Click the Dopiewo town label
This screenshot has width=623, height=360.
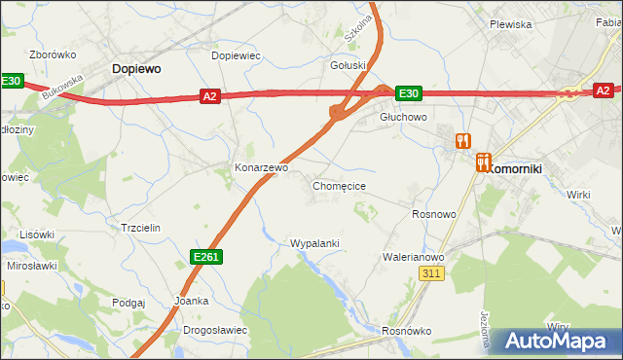click(136, 69)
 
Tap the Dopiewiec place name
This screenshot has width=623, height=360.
click(237, 55)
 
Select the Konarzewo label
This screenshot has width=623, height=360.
click(261, 167)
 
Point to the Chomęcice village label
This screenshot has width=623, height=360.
click(339, 185)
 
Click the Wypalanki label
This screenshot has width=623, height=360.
click(314, 242)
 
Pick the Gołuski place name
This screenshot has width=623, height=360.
click(348, 66)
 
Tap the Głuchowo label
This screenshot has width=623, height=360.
click(404, 116)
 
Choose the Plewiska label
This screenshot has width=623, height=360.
click(510, 24)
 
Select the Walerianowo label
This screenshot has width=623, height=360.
click(413, 257)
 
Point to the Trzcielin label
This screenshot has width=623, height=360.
click(140, 227)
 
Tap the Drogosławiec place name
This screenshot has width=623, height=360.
click(215, 330)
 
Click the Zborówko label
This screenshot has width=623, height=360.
click(54, 54)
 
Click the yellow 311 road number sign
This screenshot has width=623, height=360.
click(434, 275)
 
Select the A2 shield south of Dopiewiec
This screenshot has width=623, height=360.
click(210, 95)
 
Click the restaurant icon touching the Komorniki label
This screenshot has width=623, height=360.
click(484, 162)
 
